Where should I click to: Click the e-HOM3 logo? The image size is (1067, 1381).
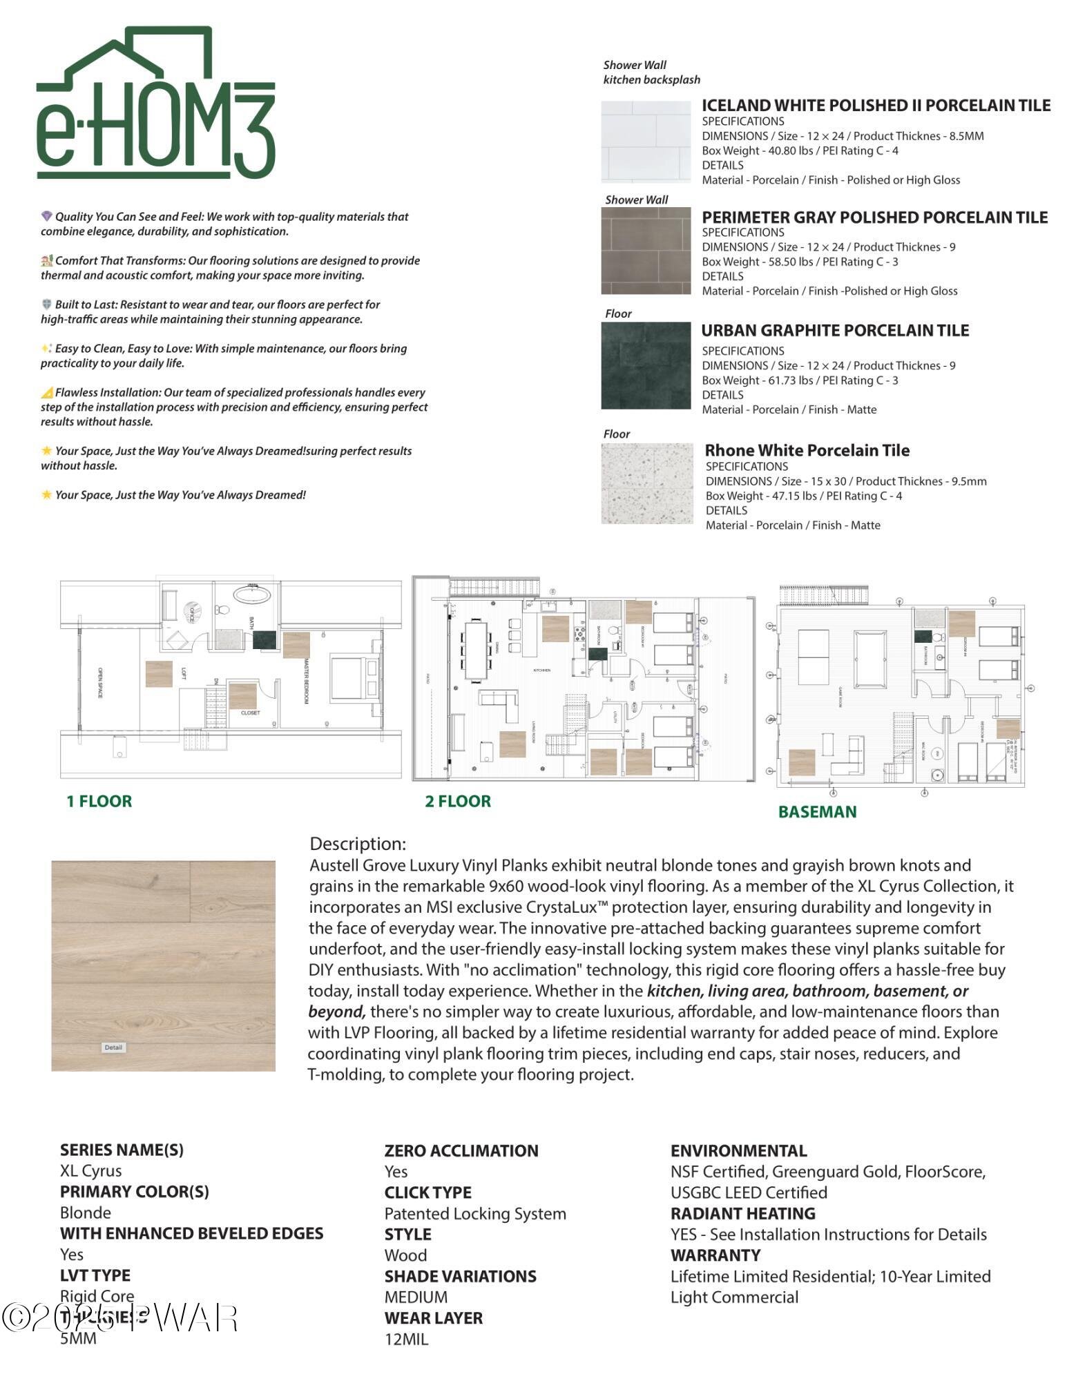[156, 104]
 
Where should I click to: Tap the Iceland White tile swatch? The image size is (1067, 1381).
[645, 142]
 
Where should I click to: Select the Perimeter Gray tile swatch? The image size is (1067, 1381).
[645, 251]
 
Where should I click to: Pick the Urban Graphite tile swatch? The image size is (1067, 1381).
[645, 365]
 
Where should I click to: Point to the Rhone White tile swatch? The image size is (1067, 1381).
[646, 483]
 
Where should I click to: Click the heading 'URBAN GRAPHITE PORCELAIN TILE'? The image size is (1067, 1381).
[834, 331]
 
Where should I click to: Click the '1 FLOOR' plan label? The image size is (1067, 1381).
[99, 801]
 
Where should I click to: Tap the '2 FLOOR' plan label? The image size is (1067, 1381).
[458, 801]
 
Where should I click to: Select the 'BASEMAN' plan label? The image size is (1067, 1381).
[817, 812]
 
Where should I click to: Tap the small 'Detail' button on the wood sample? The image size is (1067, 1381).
[113, 1047]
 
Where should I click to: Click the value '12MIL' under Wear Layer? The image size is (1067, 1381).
[406, 1340]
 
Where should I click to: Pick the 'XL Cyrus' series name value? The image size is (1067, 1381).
[90, 1171]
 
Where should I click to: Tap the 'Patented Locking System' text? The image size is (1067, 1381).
[475, 1214]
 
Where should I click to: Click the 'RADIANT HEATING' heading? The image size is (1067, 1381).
[742, 1213]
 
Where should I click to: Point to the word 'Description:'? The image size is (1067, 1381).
[357, 844]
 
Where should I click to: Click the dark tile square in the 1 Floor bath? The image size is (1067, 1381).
[265, 639]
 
